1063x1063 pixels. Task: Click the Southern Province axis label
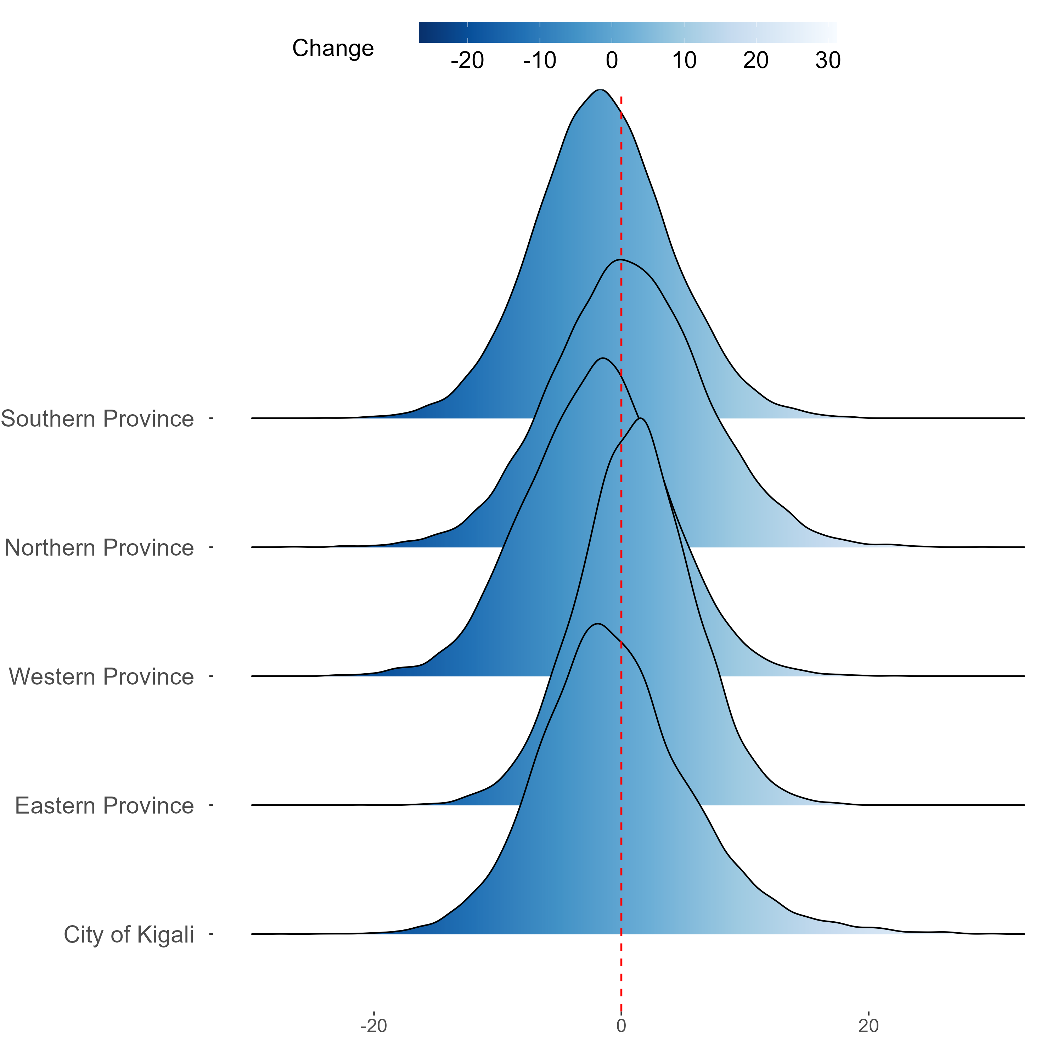97,419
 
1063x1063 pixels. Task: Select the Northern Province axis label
100,548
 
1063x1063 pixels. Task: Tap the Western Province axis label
102,677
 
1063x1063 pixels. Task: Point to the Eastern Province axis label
105,806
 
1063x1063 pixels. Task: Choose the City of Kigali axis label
129,935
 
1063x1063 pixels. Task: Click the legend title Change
333,49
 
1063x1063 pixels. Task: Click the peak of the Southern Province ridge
600,89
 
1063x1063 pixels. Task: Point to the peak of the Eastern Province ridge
640,419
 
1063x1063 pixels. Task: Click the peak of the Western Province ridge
603,358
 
